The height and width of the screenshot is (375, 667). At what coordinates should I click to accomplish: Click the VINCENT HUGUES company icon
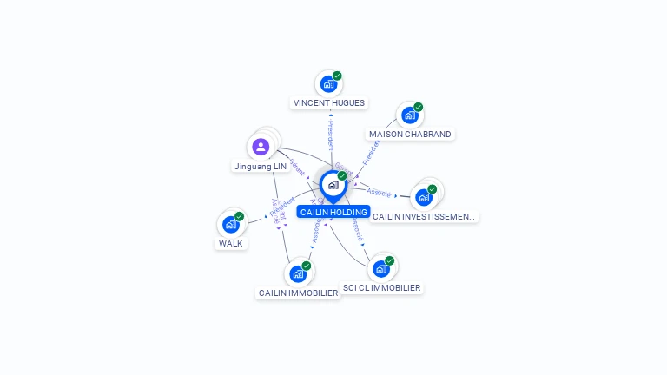pyautogui.click(x=327, y=83)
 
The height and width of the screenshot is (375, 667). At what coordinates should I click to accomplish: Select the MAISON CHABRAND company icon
pyautogui.click(x=409, y=115)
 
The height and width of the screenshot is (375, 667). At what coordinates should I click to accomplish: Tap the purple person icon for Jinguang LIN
pyautogui.click(x=261, y=146)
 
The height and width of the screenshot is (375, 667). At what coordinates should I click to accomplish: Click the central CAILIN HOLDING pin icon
pyautogui.click(x=333, y=185)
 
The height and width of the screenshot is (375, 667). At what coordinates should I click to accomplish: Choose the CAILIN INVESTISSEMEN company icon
pyautogui.click(x=423, y=197)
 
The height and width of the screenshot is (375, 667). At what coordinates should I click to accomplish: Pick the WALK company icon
pyautogui.click(x=230, y=224)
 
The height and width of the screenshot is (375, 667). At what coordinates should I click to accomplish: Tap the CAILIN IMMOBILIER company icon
pyautogui.click(x=298, y=273)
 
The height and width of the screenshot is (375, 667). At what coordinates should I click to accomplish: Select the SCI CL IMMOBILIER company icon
pyautogui.click(x=380, y=268)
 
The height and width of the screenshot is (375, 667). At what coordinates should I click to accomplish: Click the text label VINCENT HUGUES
pyautogui.click(x=328, y=102)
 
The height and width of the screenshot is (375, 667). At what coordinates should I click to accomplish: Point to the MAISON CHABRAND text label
pyautogui.click(x=410, y=135)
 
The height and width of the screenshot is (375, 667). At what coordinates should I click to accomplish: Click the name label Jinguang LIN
pyautogui.click(x=260, y=166)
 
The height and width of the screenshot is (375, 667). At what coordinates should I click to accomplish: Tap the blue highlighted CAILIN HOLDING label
pyautogui.click(x=333, y=212)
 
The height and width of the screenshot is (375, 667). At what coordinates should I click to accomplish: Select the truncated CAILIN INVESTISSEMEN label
pyautogui.click(x=423, y=216)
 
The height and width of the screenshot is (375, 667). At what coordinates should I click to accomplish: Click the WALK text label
pyautogui.click(x=231, y=243)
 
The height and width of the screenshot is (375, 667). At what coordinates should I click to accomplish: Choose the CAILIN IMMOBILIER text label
pyautogui.click(x=298, y=293)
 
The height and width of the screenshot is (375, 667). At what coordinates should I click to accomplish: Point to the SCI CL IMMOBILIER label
pyautogui.click(x=381, y=287)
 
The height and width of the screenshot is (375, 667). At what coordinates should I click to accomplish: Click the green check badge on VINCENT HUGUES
pyautogui.click(x=337, y=76)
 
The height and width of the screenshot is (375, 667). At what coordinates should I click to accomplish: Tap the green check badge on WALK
pyautogui.click(x=239, y=216)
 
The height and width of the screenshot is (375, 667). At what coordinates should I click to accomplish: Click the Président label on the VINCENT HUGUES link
pyautogui.click(x=330, y=135)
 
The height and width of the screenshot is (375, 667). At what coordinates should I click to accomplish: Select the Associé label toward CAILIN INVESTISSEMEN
pyautogui.click(x=379, y=192)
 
